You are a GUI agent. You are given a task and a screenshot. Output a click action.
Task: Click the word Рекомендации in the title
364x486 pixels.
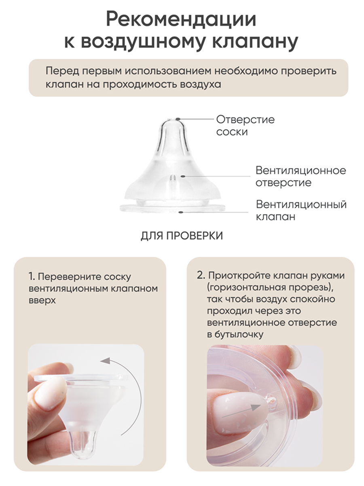[x=181, y=20]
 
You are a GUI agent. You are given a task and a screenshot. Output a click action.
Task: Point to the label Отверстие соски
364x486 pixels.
[x=245, y=126]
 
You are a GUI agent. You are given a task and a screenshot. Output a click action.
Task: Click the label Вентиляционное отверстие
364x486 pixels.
[x=301, y=177]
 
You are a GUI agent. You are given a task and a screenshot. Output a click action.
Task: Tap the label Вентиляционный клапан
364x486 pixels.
[x=301, y=210]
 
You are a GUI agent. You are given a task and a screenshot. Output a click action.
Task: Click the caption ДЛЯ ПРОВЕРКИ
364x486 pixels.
[x=182, y=236]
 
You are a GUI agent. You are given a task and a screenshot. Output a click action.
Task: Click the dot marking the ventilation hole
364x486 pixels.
[x=182, y=176]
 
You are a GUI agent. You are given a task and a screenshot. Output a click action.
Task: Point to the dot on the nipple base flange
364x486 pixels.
[x=181, y=212]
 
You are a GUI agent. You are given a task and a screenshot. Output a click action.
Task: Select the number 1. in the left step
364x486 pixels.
[x=32, y=277]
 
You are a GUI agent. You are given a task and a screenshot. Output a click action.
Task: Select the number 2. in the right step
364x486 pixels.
[x=201, y=276]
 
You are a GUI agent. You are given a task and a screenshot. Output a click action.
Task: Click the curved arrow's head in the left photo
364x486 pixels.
[x=105, y=360]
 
